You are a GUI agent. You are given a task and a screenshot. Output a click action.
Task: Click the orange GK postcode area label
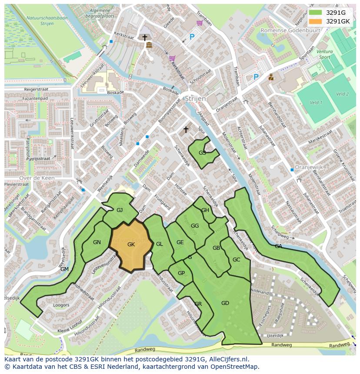131,245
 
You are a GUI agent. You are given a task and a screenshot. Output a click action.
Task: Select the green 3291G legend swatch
316,13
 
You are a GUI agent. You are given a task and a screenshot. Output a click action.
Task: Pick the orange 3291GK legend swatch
316,21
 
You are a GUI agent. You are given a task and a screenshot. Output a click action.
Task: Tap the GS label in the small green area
202,153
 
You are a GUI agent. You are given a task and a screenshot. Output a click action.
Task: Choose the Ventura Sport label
325,54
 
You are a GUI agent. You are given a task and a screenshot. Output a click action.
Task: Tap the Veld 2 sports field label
342,94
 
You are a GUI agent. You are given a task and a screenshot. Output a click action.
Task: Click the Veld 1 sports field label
316,103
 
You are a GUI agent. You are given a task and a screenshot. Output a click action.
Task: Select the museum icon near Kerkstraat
149,46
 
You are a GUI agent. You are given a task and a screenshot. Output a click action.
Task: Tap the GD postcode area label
225,303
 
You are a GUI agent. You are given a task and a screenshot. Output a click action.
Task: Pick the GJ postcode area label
120,210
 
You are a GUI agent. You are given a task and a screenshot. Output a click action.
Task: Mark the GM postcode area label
64,269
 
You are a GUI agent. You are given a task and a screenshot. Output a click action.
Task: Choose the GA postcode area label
278,246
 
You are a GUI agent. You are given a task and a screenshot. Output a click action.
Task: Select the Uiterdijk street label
275,336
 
